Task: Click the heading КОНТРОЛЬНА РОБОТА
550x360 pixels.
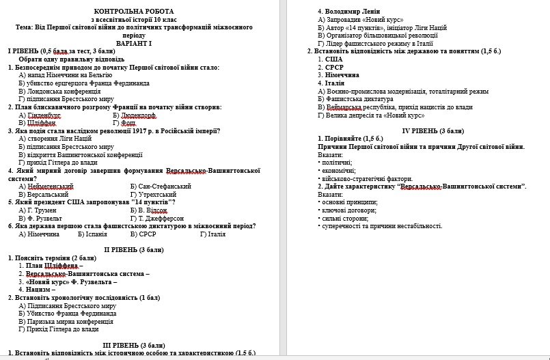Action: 134,12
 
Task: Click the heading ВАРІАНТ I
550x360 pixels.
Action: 134,43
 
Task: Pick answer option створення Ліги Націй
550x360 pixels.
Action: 59,138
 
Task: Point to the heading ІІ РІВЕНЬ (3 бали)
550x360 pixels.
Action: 134,249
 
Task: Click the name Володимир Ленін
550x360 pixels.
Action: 350,12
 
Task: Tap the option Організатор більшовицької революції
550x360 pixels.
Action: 378,36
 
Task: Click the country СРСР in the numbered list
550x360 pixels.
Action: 335,67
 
